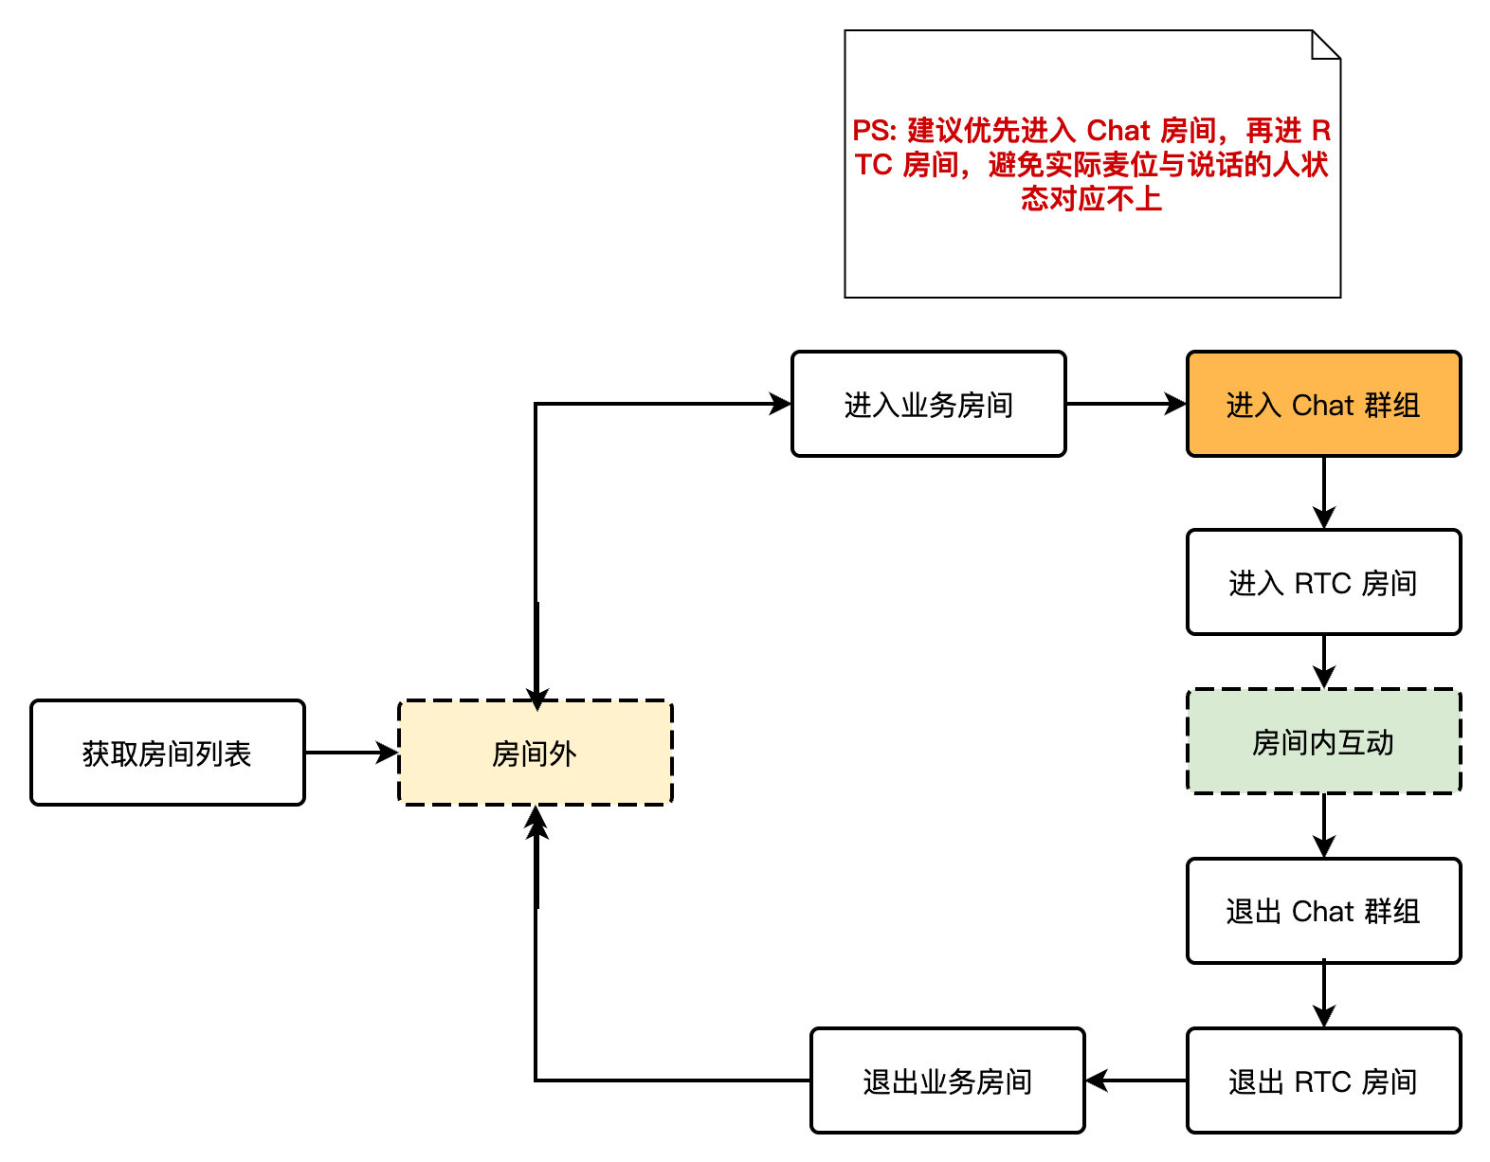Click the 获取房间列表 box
tap(168, 753)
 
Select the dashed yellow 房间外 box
tap(535, 753)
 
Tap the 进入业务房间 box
tap(928, 405)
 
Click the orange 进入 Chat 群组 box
tap(1323, 405)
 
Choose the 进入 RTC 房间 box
tap(1323, 582)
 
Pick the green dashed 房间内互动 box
tap(1323, 741)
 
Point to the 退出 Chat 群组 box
tap(1323, 911)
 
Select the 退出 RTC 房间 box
tap(1323, 1080)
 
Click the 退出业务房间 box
tap(947, 1080)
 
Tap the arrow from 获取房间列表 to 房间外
tap(351, 753)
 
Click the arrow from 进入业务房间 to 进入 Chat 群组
tap(1126, 405)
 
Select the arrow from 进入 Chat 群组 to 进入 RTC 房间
tap(1324, 492)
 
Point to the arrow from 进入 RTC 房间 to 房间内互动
tap(1324, 661)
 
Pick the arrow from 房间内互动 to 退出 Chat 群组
tap(1324, 825)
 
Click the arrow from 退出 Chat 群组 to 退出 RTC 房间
tap(1324, 994)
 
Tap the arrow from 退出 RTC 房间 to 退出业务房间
tap(1136, 1080)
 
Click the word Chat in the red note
tap(1117, 130)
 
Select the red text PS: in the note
tap(874, 130)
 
